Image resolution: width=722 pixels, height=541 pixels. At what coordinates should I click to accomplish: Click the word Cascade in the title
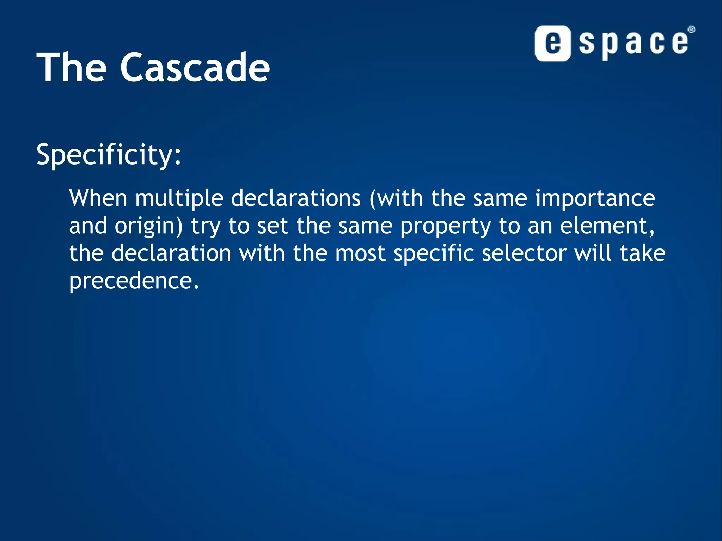point(195,67)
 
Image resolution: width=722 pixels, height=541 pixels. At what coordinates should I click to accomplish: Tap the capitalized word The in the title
point(71,67)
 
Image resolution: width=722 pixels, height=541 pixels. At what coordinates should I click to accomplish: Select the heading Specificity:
point(109,154)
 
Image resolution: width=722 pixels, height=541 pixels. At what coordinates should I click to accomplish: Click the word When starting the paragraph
point(98,198)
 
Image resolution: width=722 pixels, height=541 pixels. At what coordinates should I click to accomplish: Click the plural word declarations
point(296,198)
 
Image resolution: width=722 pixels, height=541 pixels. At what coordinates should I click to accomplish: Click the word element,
point(607,226)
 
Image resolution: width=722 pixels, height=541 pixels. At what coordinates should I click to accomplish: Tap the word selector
point(524,253)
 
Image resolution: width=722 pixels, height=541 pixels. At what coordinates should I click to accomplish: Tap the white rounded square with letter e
point(552,43)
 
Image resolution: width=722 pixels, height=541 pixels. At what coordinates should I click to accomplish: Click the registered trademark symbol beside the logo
point(691,30)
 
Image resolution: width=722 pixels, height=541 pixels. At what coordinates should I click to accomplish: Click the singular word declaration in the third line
point(171,253)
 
